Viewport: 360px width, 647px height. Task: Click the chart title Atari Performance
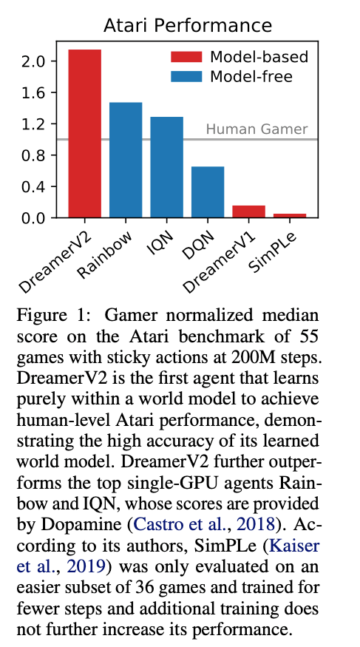pos(188,26)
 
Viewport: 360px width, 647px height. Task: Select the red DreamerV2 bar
pos(84,134)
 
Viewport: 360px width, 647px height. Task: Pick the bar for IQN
pos(166,167)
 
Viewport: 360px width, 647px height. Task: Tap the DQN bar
pos(208,192)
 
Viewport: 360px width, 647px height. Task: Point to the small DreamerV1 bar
pos(248,211)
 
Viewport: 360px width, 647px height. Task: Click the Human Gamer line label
pos(256,129)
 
